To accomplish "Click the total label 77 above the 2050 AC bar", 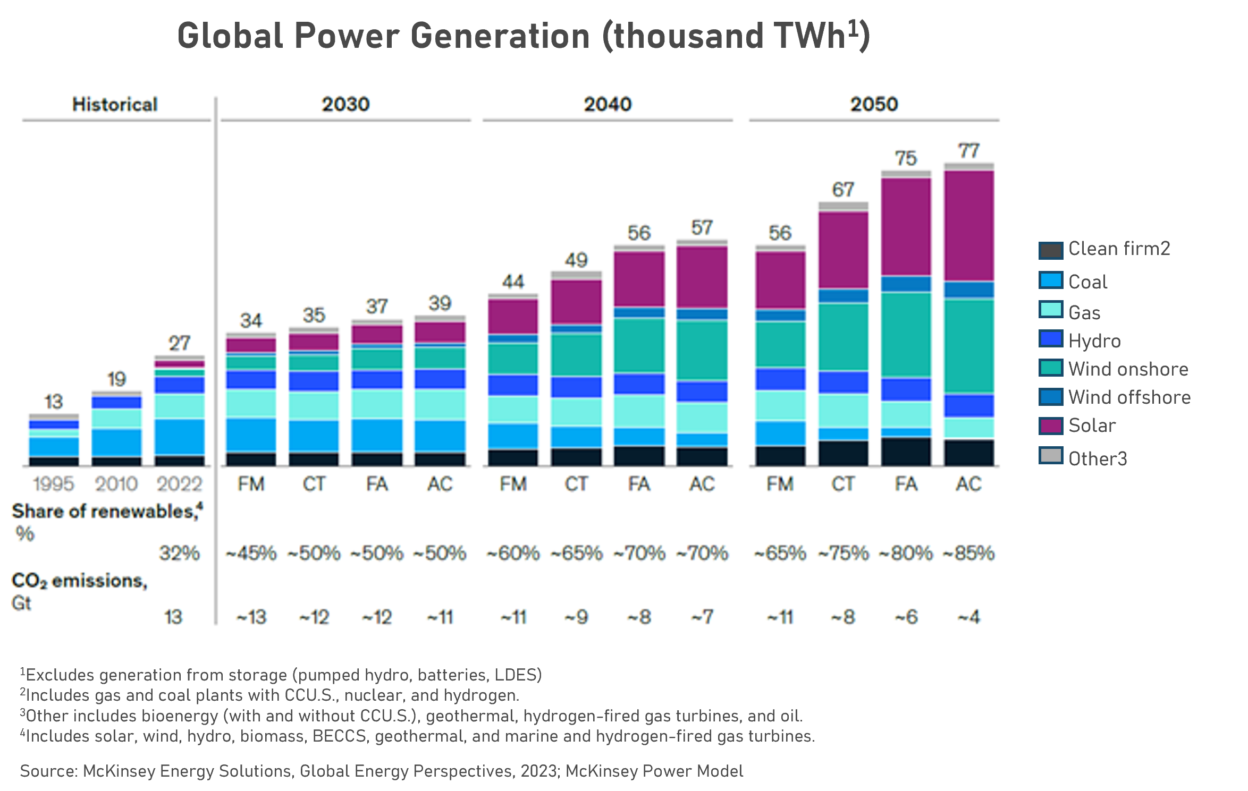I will pos(968,151).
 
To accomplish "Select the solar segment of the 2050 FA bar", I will pos(906,227).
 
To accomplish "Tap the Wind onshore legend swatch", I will pos(1051,368).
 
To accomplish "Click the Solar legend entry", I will pos(1092,426).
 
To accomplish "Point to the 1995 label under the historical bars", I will pos(53,484).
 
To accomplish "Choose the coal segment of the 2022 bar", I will pos(179,437).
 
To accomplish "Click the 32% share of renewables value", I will pos(179,554).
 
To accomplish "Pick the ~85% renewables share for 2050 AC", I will pos(968,554).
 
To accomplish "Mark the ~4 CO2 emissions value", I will pos(968,617).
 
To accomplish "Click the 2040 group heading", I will pos(608,104).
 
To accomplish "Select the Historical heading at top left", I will pos(115,105).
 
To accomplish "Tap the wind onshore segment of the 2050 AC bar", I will pos(968,346).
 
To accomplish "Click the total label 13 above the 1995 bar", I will pos(53,402).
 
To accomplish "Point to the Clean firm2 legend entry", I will pos(1119,249).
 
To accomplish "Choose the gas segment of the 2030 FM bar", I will pos(251,403).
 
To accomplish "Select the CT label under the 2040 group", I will pos(576,484).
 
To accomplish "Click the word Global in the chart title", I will pos(230,36).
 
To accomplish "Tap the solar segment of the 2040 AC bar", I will pos(702,277).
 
